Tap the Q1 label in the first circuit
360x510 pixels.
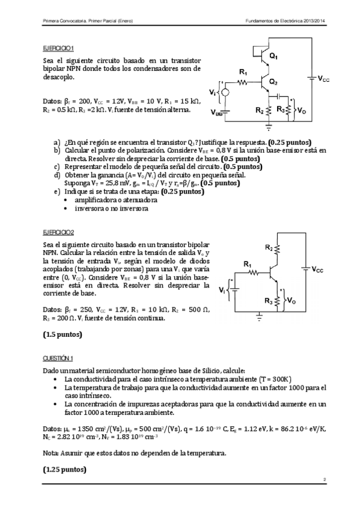(273, 56)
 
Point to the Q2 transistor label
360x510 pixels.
(273, 81)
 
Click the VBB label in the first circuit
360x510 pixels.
(217, 112)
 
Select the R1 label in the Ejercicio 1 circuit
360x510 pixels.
(243, 72)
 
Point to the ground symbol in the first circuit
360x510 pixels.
(269, 127)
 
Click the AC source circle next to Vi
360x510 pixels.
(225, 92)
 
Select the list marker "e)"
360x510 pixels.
(56, 191)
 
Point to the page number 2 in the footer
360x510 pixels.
(324, 480)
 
